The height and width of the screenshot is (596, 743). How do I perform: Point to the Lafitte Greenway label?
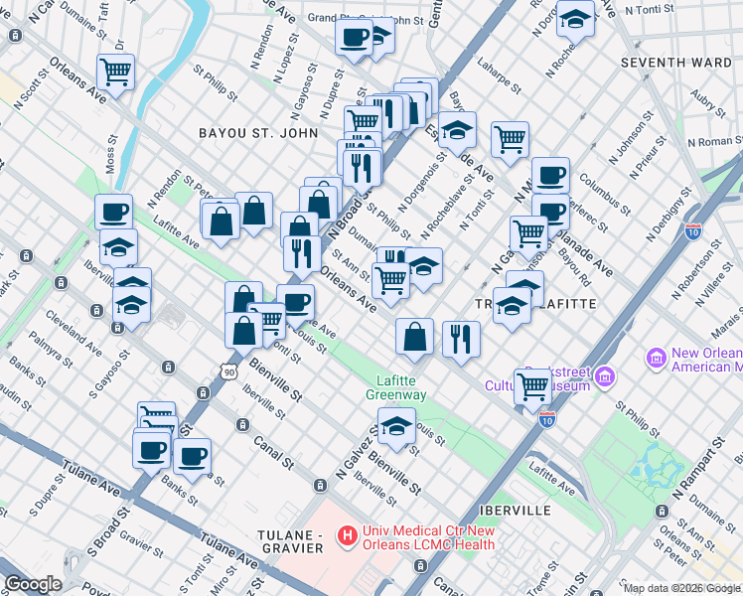(402, 387)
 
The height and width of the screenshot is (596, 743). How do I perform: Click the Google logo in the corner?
(33, 584)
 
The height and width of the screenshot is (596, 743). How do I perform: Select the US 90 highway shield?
(229, 372)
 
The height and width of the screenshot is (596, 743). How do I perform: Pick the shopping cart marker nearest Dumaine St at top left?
(116, 72)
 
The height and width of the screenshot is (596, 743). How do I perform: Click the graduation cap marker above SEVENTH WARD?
(574, 19)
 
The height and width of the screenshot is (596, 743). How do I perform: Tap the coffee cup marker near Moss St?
(113, 212)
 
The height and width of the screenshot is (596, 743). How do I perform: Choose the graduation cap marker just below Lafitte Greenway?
(396, 427)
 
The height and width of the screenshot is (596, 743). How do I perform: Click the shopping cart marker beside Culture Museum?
(533, 385)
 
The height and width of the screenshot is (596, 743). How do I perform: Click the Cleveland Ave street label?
(79, 338)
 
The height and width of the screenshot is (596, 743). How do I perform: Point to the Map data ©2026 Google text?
(681, 588)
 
